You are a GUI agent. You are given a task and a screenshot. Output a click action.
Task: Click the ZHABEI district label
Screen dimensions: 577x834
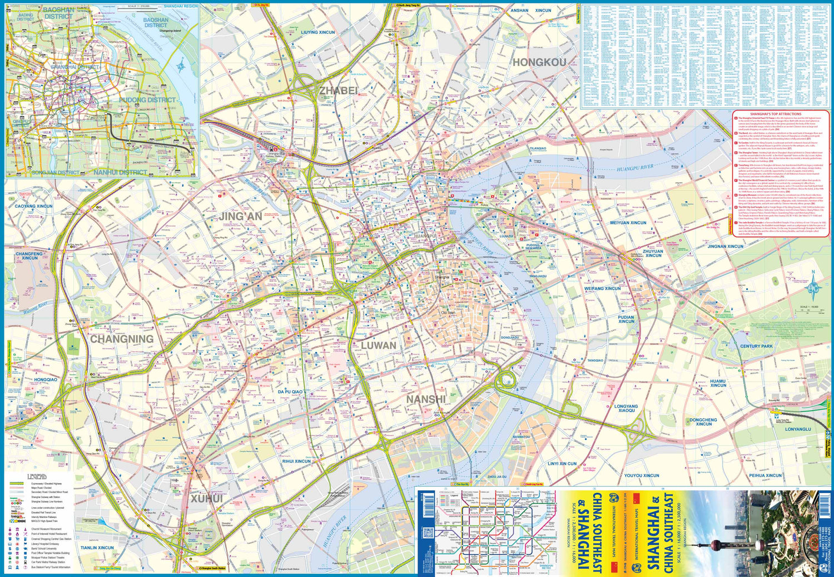pyautogui.click(x=338, y=91)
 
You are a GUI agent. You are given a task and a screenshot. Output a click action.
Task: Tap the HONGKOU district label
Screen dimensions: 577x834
pyautogui.click(x=539, y=63)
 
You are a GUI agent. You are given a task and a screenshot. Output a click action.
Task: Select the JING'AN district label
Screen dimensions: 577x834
pyautogui.click(x=240, y=216)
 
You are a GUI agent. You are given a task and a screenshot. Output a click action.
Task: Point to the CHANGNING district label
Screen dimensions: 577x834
pyautogui.click(x=122, y=339)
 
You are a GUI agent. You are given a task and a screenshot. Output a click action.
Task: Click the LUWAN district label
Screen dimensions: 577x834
pyautogui.click(x=379, y=345)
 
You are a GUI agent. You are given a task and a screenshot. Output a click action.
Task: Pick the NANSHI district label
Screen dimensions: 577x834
pyautogui.click(x=426, y=399)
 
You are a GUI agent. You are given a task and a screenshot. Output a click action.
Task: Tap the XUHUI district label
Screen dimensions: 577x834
pyautogui.click(x=207, y=499)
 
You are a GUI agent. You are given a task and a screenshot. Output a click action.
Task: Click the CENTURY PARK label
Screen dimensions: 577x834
pyautogui.click(x=756, y=347)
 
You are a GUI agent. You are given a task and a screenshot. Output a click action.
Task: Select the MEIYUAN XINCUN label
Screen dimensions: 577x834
pyautogui.click(x=628, y=223)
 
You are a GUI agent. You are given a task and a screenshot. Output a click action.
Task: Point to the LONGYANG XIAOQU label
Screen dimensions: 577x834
pyautogui.click(x=626, y=408)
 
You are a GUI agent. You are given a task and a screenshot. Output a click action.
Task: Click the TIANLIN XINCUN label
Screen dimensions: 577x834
pyautogui.click(x=97, y=548)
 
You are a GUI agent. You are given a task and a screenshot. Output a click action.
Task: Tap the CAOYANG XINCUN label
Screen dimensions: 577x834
pyautogui.click(x=33, y=206)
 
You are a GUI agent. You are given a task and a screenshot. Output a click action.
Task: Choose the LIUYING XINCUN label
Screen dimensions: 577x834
pyautogui.click(x=318, y=32)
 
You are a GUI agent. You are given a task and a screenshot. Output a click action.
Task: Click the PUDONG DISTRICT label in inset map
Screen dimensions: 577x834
pyautogui.click(x=147, y=100)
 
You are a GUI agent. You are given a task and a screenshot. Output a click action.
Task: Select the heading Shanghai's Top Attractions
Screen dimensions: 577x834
pyautogui.click(x=783, y=114)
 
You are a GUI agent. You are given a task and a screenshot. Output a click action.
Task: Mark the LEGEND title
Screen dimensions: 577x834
pyautogui.click(x=37, y=477)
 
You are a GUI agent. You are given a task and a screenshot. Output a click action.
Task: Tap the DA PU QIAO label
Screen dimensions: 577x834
pyautogui.click(x=290, y=392)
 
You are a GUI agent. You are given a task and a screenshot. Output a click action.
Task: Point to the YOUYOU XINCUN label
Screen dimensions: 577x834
pyautogui.click(x=641, y=475)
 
